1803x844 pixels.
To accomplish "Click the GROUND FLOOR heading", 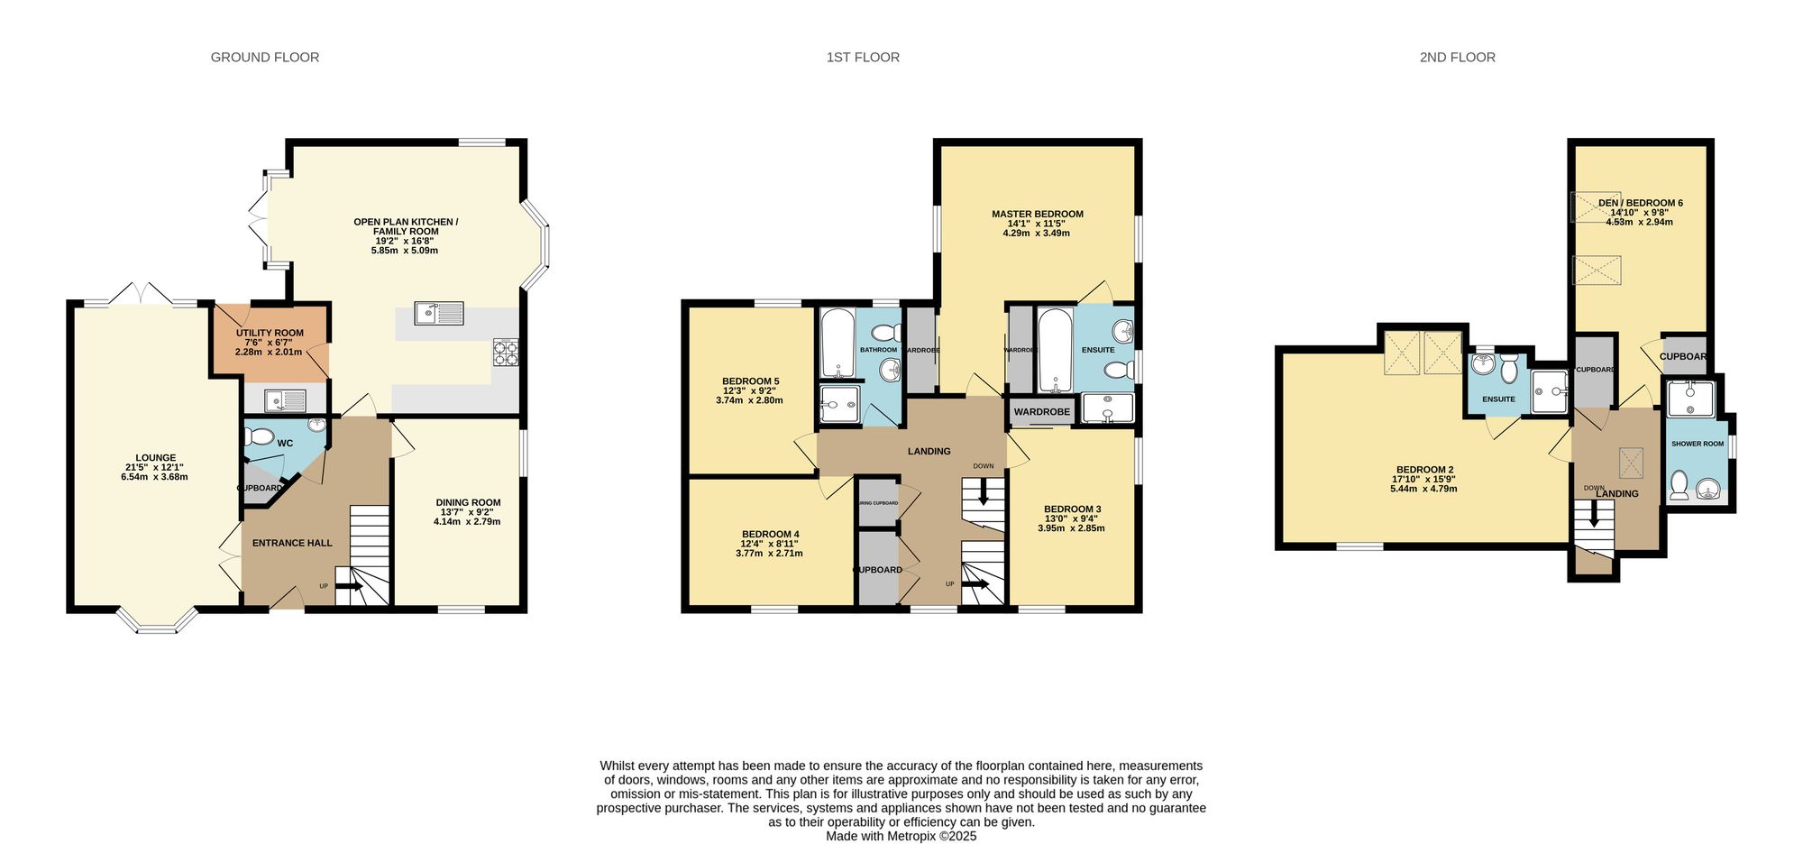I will [x=264, y=57].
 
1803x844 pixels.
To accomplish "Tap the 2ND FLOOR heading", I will [x=1457, y=57].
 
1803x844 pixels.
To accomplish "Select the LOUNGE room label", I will [x=155, y=458].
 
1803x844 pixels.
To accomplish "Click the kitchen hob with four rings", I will [x=506, y=353].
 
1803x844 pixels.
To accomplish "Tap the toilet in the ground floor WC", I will [x=261, y=436].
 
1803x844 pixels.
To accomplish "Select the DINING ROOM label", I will [x=468, y=503].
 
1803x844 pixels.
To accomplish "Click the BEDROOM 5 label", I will [x=750, y=381].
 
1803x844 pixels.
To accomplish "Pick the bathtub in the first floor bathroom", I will [x=837, y=344].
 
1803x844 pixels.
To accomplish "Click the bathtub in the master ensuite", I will [x=1053, y=350].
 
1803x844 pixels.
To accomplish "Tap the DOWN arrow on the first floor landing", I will [x=983, y=491].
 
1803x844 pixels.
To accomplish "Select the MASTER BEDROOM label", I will [x=1037, y=215].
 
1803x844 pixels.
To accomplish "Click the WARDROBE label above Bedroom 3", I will [x=1041, y=412].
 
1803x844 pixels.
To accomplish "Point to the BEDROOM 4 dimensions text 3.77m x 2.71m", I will [x=768, y=554].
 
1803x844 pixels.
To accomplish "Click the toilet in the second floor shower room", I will [x=1679, y=485].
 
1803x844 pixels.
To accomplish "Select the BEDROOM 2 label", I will [x=1424, y=470].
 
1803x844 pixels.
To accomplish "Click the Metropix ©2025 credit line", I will [x=901, y=836].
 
